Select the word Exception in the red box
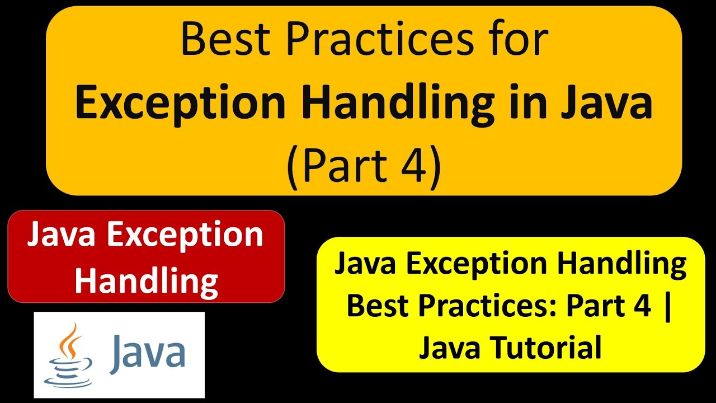tap(185, 235)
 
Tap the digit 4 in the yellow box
tap(640, 306)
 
